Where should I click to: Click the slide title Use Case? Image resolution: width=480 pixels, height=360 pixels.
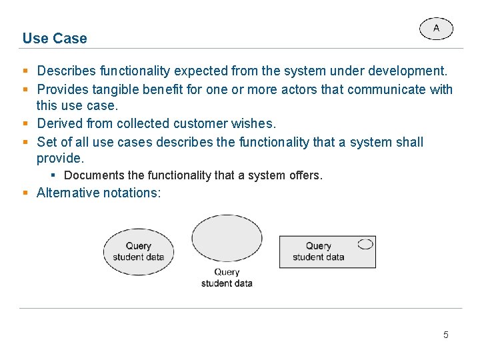point(55,39)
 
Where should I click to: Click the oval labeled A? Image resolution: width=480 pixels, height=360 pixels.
point(436,29)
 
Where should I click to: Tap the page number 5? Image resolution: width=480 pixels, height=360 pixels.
point(446,335)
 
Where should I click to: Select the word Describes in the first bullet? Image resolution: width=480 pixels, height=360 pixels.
point(66,71)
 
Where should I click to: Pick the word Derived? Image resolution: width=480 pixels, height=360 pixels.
point(59,123)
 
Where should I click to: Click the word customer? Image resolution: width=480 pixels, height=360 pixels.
point(203,123)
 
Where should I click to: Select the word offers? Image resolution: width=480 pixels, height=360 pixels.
point(305,175)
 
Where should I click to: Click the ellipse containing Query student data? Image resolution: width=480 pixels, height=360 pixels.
point(139,251)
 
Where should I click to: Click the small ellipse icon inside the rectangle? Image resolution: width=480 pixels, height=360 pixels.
point(365,244)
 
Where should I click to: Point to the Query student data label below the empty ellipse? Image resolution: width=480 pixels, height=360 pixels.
point(227,277)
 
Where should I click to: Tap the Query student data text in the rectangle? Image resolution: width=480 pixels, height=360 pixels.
point(319,251)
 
